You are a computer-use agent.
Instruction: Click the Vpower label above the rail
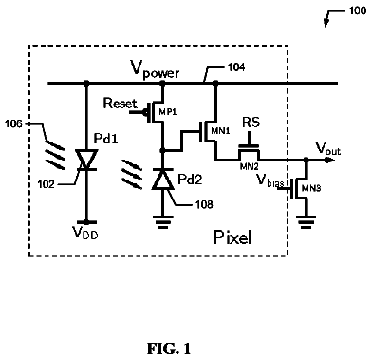(x=155, y=69)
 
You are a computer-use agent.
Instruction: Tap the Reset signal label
(x=121, y=104)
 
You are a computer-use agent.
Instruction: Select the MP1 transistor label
(x=167, y=112)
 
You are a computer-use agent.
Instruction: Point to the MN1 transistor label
(x=220, y=131)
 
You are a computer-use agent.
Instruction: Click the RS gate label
(x=251, y=123)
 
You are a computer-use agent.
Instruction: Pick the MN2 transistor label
(x=249, y=166)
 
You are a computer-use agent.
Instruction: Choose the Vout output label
(x=328, y=148)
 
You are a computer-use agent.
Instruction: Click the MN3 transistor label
(x=311, y=188)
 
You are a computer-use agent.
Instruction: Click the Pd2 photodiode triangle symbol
(x=162, y=180)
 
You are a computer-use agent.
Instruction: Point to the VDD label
(x=85, y=233)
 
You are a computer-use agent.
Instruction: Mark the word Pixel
(x=232, y=237)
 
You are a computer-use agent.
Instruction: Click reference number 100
(x=358, y=10)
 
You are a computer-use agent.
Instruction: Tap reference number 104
(x=236, y=67)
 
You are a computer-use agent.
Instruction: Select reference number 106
(x=13, y=123)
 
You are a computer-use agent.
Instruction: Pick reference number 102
(x=46, y=184)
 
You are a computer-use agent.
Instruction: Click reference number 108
(x=204, y=204)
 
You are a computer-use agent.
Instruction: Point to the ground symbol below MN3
(x=306, y=222)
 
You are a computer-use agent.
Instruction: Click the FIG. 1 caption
(x=169, y=349)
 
